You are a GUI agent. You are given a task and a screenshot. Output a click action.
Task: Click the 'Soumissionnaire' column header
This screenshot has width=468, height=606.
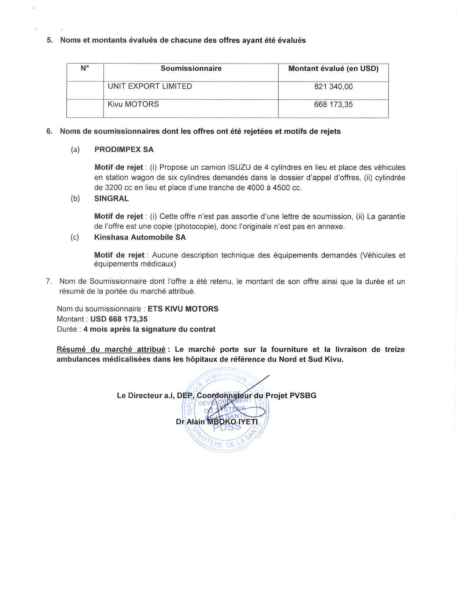point(191,68)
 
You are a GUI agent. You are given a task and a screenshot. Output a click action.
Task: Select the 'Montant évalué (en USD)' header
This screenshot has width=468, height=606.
point(333,68)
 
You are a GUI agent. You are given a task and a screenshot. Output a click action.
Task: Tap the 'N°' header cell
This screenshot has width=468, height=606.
point(85,68)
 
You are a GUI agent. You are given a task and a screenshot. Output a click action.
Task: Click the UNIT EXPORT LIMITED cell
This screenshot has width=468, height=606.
point(150,86)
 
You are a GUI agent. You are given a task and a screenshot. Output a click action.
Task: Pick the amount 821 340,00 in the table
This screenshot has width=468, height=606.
point(333,87)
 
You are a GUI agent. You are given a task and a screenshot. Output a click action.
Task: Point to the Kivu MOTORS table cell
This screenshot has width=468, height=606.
point(133,104)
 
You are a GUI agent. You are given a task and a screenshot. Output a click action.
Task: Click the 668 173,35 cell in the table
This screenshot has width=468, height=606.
point(333,105)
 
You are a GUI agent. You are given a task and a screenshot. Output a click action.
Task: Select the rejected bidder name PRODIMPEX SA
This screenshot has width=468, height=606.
point(124,149)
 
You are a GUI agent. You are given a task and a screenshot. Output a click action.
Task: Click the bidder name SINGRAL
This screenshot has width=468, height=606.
point(111,199)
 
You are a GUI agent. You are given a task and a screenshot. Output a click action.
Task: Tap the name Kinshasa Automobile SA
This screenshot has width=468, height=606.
point(140,237)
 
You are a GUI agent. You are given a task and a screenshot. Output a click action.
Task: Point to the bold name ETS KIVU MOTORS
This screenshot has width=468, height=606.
point(183,309)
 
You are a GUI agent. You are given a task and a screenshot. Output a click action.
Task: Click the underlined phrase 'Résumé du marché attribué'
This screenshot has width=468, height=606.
point(111,349)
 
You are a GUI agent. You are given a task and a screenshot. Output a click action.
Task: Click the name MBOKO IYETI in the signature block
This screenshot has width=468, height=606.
point(233,422)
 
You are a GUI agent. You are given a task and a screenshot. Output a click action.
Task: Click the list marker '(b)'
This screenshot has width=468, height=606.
point(75,199)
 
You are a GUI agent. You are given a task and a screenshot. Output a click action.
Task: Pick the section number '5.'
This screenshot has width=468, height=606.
point(50,40)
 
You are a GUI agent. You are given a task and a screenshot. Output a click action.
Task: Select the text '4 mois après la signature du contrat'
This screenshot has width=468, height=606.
point(149,329)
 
